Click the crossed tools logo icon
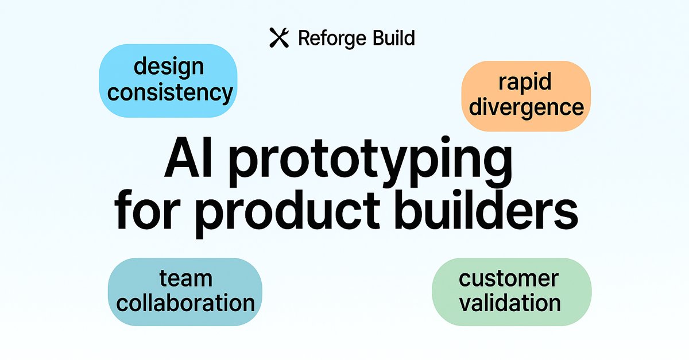tap(278, 38)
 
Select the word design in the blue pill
tap(169, 66)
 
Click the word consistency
tap(170, 92)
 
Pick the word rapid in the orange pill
tap(525, 82)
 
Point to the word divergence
tap(526, 107)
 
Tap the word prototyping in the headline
tap(371, 162)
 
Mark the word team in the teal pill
tap(185, 278)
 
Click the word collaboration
tap(185, 303)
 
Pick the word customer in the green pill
tap(509, 278)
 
